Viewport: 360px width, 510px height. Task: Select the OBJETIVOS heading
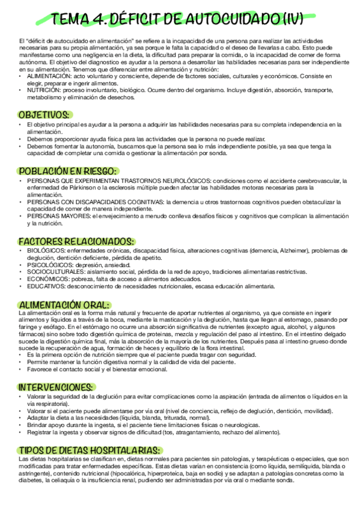(x=44, y=114)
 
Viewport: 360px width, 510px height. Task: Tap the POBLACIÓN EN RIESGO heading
(x=67, y=171)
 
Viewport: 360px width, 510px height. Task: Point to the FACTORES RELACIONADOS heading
(x=76, y=241)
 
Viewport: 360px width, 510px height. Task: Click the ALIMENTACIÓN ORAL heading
(x=64, y=304)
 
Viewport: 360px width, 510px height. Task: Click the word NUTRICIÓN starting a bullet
(x=43, y=89)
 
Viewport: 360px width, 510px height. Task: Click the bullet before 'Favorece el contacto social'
(x=21, y=369)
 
